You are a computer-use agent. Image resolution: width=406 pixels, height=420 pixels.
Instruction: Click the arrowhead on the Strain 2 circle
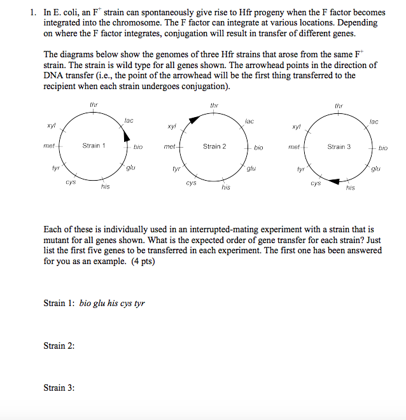point(193,119)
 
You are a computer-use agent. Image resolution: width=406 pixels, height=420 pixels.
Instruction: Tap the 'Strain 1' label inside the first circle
point(94,146)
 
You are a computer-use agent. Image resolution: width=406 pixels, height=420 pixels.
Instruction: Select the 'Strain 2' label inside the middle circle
point(214,146)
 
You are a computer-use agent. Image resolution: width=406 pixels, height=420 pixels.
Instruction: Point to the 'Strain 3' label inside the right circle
point(339,147)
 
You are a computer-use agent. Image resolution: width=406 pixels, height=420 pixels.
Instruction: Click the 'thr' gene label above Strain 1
point(94,104)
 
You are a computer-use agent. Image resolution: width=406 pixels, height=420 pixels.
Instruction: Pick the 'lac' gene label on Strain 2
point(249,120)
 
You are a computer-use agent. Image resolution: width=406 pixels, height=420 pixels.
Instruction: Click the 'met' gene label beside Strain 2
point(169,147)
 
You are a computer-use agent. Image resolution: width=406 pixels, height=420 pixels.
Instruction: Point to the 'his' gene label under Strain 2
point(226,188)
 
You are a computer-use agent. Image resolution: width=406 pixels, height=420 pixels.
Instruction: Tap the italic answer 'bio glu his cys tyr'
point(112,304)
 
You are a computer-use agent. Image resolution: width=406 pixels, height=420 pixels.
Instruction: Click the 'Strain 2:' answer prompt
point(59,346)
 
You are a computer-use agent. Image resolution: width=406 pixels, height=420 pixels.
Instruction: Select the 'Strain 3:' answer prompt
point(59,388)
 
